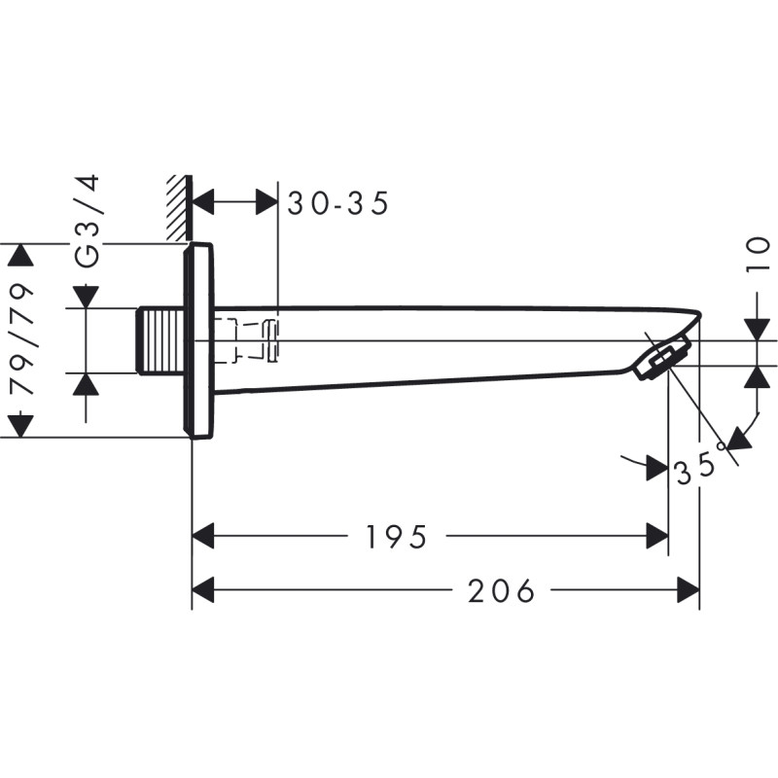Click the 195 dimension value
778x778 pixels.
pyautogui.click(x=397, y=536)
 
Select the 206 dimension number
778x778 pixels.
pyautogui.click(x=502, y=589)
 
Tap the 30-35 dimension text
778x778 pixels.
pyautogui.click(x=338, y=203)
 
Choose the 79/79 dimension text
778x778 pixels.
pyautogui.click(x=21, y=339)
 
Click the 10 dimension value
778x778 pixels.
pyautogui.click(x=759, y=257)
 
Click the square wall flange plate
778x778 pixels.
pyautogui.click(x=198, y=340)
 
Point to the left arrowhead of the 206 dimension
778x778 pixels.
pyautogui.click(x=203, y=589)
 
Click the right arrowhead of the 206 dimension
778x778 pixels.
pyautogui.click(x=689, y=589)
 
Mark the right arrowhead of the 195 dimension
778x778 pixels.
pyautogui.click(x=656, y=535)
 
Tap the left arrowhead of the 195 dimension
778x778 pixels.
pyautogui.click(x=203, y=535)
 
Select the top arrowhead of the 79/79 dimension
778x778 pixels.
pyautogui.click(x=20, y=255)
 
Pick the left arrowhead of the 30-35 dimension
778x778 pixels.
pyautogui.click(x=203, y=203)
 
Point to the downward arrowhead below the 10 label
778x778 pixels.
pyautogui.click(x=758, y=329)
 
